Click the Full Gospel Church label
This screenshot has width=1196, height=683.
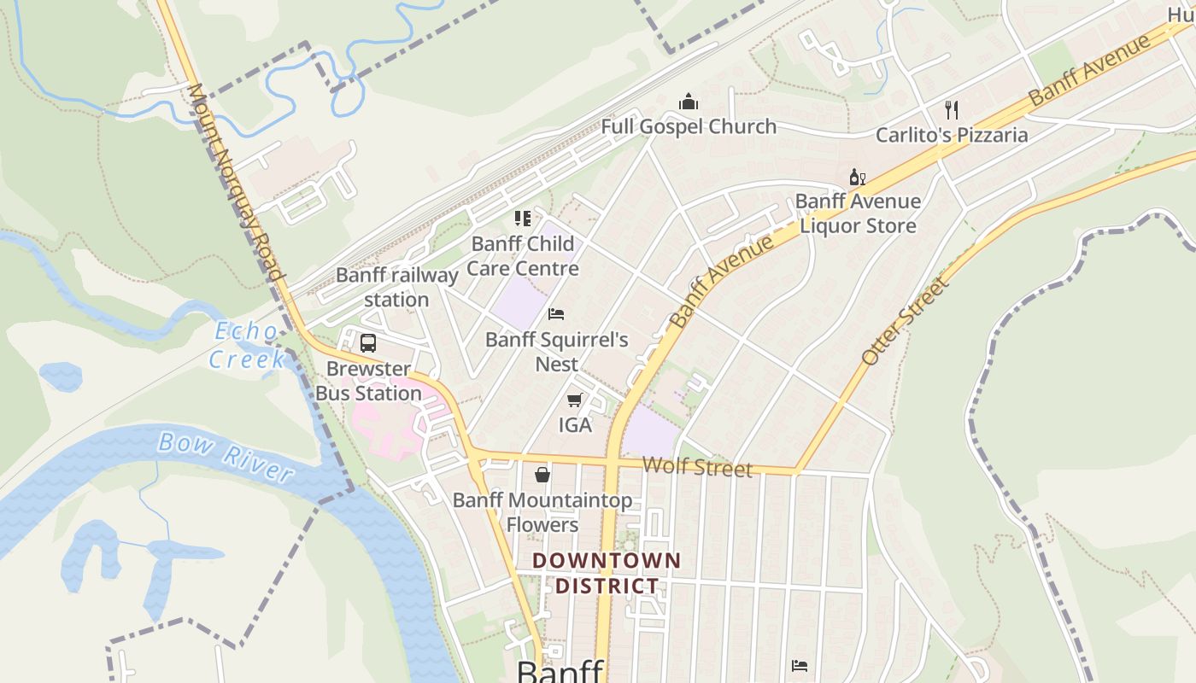pyautogui.click(x=689, y=127)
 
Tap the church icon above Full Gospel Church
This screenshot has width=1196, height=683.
pyautogui.click(x=689, y=102)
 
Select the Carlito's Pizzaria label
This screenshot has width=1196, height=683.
pyautogui.click(x=952, y=135)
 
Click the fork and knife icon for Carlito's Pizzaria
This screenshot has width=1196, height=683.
pyautogui.click(x=952, y=109)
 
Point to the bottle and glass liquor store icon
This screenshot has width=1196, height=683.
pyautogui.click(x=857, y=178)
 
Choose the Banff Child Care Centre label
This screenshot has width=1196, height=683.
pyautogui.click(x=523, y=256)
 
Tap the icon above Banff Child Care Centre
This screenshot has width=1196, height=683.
pyautogui.click(x=522, y=219)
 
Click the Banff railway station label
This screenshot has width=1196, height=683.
pyautogui.click(x=397, y=287)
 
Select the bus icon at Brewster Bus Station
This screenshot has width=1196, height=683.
pyautogui.click(x=368, y=343)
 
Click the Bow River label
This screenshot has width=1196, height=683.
pyautogui.click(x=226, y=456)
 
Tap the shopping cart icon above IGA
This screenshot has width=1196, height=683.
pyautogui.click(x=575, y=400)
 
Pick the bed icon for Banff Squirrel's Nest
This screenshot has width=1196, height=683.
pyautogui.click(x=556, y=314)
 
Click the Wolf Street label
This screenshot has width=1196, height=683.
pyautogui.click(x=697, y=467)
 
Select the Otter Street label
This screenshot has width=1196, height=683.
pyautogui.click(x=906, y=321)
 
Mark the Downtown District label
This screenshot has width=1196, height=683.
pyautogui.click(x=607, y=574)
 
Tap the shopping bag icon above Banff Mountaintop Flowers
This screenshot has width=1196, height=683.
pyautogui.click(x=542, y=475)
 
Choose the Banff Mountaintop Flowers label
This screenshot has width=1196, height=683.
pyautogui.click(x=542, y=512)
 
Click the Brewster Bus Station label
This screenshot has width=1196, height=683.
pyautogui.click(x=369, y=381)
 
